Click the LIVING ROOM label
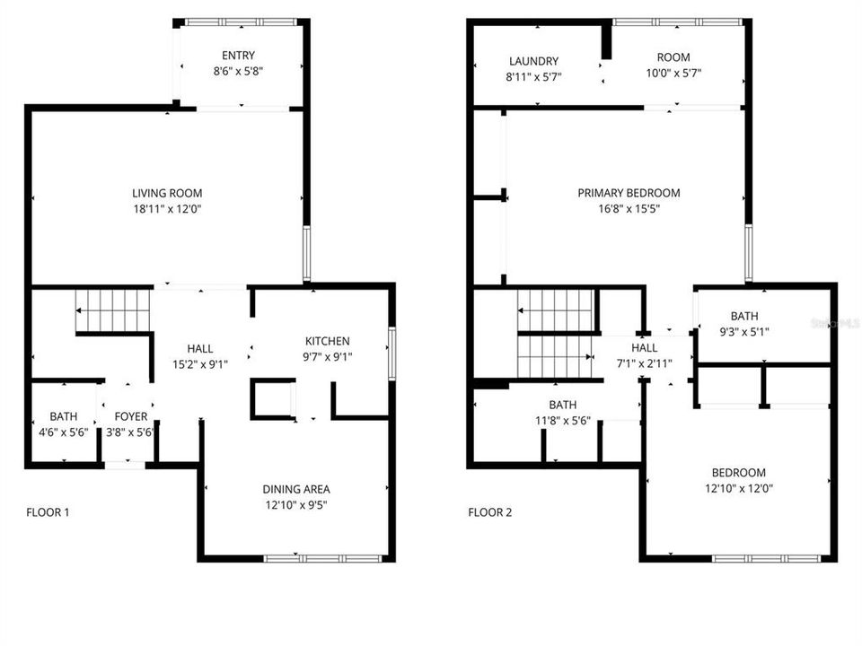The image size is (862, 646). pyautogui.click(x=167, y=193)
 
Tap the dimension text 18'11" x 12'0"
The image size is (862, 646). pyautogui.click(x=167, y=209)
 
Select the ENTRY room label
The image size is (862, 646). pyautogui.click(x=238, y=55)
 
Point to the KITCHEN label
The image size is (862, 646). pyautogui.click(x=327, y=341)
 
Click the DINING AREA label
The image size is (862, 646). pyautogui.click(x=296, y=489)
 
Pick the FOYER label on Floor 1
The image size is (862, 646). pyautogui.click(x=130, y=416)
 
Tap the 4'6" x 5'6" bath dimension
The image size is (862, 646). pyautogui.click(x=63, y=432)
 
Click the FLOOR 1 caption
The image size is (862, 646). pyautogui.click(x=48, y=513)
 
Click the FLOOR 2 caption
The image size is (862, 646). pyautogui.click(x=489, y=513)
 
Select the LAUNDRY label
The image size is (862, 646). pyautogui.click(x=533, y=62)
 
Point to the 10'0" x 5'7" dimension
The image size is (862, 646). pyautogui.click(x=673, y=77)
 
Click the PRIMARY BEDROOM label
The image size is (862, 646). pyautogui.click(x=629, y=193)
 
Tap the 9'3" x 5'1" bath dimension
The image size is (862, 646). pyautogui.click(x=743, y=331)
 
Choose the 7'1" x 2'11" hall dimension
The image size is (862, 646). pyautogui.click(x=644, y=363)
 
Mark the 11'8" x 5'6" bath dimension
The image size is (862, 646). pyautogui.click(x=562, y=420)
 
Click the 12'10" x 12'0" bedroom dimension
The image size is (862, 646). pyautogui.click(x=738, y=489)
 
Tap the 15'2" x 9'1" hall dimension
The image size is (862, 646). pyautogui.click(x=200, y=363)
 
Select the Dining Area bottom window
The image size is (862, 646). pyautogui.click(x=323, y=559)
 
